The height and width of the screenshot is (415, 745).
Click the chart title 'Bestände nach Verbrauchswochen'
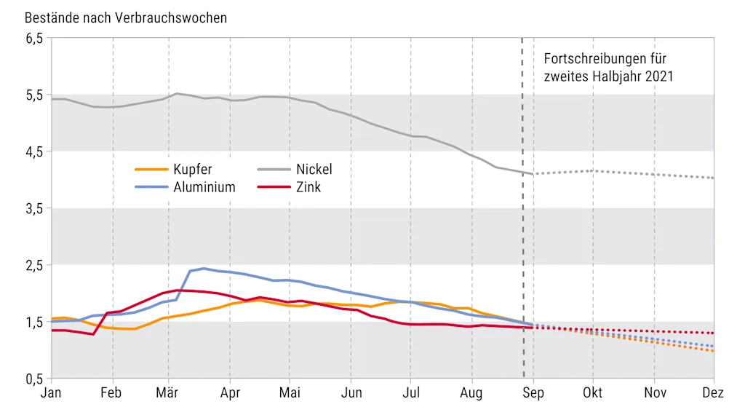(126, 17)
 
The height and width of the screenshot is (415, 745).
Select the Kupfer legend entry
(193, 170)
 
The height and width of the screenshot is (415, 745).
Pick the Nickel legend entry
(314, 170)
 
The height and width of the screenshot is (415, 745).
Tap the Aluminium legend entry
(204, 187)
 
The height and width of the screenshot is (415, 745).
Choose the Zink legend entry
(308, 187)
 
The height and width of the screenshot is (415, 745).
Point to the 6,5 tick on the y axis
(34, 38)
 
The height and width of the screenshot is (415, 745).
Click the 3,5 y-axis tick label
(34, 208)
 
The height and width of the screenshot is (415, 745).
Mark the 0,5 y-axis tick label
(34, 379)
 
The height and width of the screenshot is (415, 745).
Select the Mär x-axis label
(169, 394)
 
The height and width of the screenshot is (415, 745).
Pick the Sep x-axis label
(533, 394)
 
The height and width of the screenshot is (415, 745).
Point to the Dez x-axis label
(712, 394)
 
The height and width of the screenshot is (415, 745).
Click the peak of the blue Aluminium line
(204, 268)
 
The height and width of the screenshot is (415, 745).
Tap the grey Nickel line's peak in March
(177, 93)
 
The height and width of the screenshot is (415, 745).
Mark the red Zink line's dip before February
(94, 334)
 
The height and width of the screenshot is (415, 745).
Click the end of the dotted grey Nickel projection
(713, 178)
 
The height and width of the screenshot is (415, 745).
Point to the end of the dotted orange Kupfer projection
(713, 351)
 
